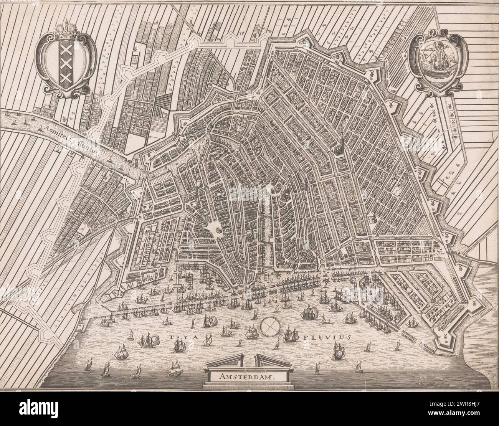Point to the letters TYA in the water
tap(176, 337)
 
